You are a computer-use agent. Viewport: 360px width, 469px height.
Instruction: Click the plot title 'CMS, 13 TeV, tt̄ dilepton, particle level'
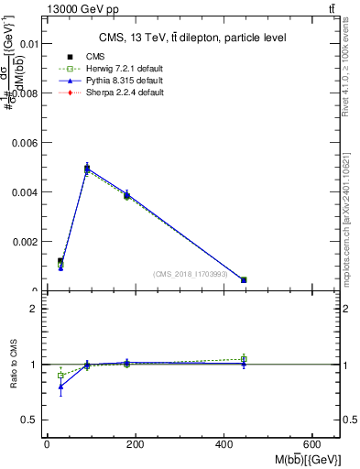point(192,38)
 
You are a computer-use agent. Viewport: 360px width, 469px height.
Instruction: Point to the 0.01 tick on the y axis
point(27,43)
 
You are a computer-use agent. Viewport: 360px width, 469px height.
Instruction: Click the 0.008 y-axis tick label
point(26,93)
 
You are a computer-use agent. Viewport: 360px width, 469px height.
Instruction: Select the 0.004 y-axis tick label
point(26,192)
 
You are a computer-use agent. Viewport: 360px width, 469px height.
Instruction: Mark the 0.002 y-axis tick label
point(26,242)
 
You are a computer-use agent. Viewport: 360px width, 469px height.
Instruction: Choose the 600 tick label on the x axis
point(312,444)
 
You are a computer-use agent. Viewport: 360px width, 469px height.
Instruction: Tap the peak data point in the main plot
point(87,168)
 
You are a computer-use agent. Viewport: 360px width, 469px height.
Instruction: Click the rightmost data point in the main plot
point(244,279)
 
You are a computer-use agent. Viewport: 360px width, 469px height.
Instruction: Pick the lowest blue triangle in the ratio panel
point(60,387)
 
